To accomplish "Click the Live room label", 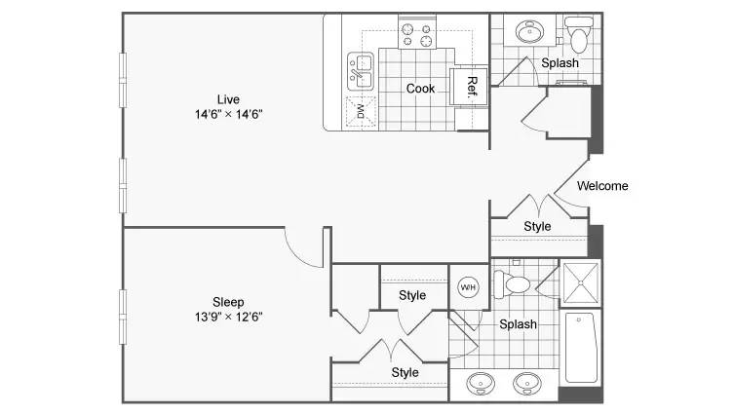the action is (x=228, y=99).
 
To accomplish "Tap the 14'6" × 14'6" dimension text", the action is (x=228, y=114).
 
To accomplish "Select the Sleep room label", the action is (x=228, y=302).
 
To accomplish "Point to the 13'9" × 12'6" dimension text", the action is (x=228, y=317).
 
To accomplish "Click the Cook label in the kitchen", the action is (x=420, y=89).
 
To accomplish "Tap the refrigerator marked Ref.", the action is (x=469, y=87).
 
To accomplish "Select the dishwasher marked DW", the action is (x=361, y=111).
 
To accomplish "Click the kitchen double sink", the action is (x=361, y=71).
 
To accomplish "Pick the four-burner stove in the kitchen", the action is (x=417, y=35).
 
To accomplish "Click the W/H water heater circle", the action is (x=468, y=287).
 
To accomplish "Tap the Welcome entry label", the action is (x=602, y=186).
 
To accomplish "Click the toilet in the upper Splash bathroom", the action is (x=579, y=34).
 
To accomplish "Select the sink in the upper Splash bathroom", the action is (x=529, y=31).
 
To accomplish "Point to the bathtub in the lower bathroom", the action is (x=581, y=347).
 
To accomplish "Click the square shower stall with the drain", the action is (x=580, y=283).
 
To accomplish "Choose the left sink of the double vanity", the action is (x=481, y=383).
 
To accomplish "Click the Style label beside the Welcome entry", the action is (x=537, y=226).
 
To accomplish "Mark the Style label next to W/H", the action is (x=412, y=295).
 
